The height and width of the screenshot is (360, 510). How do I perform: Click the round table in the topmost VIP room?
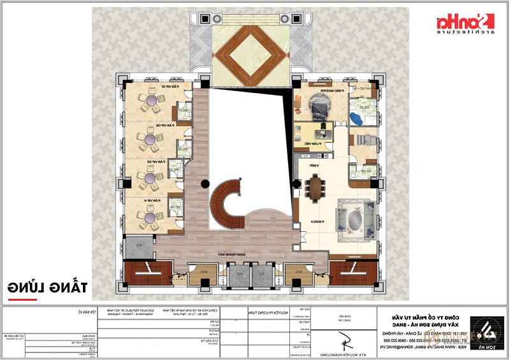152,101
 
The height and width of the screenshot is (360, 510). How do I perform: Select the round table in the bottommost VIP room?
152,217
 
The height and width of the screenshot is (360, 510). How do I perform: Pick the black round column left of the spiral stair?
205,184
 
